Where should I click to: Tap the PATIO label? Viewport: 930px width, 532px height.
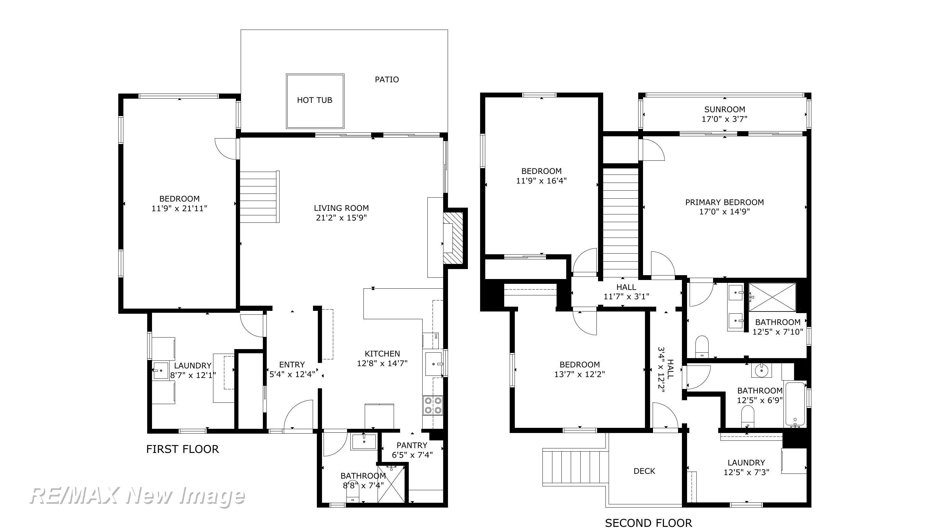[387, 80]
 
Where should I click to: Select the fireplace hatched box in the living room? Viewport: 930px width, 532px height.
[453, 238]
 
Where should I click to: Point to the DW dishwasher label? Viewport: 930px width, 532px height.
[436, 336]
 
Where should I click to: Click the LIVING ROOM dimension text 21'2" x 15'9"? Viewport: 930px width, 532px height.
[341, 218]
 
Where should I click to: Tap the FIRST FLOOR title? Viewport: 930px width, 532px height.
[183, 449]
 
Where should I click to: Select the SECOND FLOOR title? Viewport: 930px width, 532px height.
[648, 523]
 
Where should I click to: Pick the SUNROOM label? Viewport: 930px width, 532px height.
[725, 109]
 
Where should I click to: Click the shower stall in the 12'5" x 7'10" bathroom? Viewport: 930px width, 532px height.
[772, 297]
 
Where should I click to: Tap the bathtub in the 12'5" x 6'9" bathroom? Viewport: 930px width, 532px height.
[795, 404]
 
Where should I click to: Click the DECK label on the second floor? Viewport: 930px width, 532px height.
[644, 471]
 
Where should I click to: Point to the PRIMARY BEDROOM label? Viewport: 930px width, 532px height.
[724, 202]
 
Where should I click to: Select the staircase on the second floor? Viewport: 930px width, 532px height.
[620, 222]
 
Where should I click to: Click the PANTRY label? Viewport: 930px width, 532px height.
[412, 445]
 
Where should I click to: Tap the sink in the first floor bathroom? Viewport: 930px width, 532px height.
[364, 441]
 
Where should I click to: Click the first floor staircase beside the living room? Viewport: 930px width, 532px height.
[260, 197]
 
